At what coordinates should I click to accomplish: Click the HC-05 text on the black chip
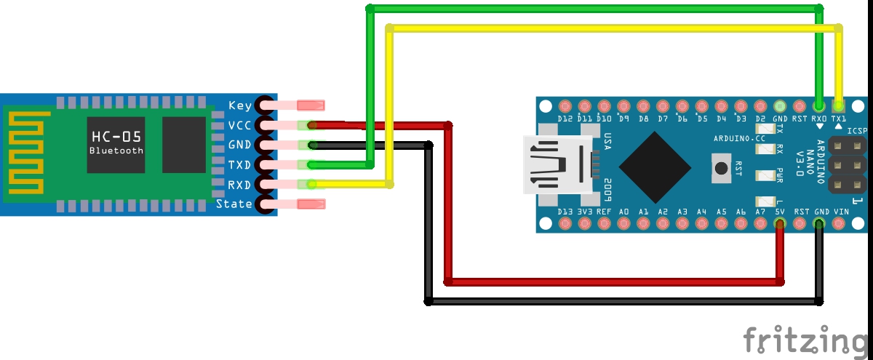(116, 137)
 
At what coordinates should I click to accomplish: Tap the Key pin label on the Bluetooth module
(240, 105)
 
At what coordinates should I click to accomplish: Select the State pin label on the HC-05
(234, 204)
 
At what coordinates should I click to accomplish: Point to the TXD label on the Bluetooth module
(239, 165)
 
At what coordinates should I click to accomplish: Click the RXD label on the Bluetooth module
(239, 185)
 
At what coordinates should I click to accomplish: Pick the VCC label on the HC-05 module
(239, 125)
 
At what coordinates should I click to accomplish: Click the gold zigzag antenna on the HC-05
(28, 152)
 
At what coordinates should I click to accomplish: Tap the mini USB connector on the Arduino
(558, 165)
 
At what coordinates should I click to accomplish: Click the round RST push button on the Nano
(721, 168)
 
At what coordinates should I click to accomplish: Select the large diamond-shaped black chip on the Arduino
(655, 167)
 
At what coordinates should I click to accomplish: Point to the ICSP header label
(857, 131)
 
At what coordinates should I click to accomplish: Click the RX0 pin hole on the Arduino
(819, 106)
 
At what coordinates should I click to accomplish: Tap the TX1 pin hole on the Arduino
(838, 106)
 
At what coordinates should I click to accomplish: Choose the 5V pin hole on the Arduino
(780, 223)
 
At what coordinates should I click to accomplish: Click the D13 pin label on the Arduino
(565, 212)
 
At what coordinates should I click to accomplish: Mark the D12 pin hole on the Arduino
(565, 106)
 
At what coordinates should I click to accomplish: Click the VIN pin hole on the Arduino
(838, 223)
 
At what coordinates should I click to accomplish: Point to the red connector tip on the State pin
(311, 204)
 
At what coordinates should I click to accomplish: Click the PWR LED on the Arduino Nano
(765, 175)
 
